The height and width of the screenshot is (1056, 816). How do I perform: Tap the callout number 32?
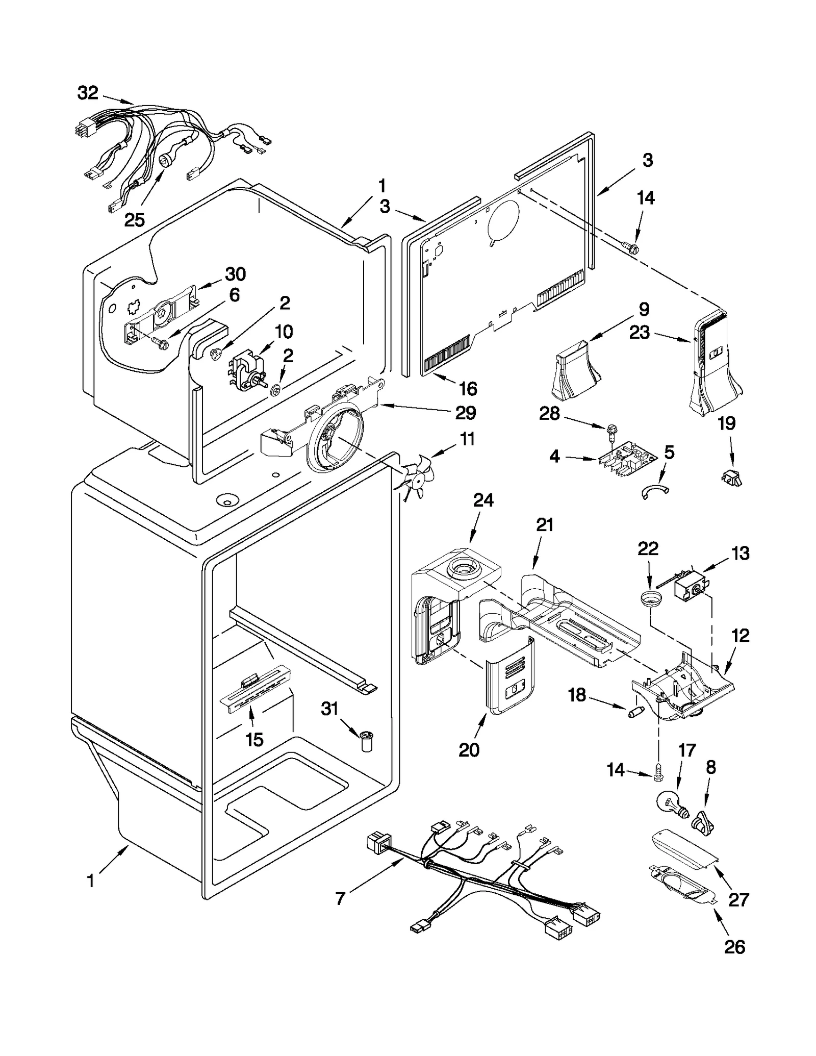(x=87, y=93)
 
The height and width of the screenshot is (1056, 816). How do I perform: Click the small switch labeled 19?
(x=731, y=477)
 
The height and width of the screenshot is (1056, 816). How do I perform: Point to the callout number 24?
(x=483, y=500)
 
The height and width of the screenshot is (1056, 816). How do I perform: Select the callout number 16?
(x=467, y=389)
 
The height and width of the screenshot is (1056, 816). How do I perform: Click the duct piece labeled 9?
(x=576, y=371)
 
